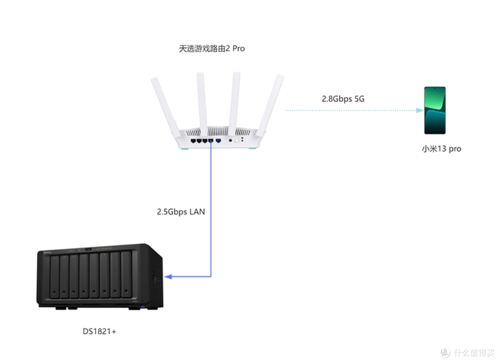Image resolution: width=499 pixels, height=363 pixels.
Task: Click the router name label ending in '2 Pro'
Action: pos(212,48)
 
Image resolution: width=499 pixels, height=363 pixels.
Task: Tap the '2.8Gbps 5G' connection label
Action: pos(343,99)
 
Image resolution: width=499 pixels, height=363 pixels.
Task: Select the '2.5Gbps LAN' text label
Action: pos(181,212)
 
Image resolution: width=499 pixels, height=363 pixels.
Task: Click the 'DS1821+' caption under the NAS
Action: pos(99,332)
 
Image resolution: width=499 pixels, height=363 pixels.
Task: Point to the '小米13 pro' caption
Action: pos(441,149)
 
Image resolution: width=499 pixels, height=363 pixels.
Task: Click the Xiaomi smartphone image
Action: pos(435,110)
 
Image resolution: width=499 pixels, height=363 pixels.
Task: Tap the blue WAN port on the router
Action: pos(218,140)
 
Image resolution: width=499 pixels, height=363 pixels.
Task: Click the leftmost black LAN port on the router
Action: pos(193,140)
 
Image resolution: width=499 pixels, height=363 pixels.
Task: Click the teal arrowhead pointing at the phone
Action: pos(420,110)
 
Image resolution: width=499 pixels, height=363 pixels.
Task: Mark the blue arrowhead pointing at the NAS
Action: pos(168,277)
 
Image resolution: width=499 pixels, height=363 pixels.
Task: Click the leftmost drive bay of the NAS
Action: pos(55,276)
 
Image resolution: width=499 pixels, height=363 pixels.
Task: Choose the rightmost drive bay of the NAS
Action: pos(126,274)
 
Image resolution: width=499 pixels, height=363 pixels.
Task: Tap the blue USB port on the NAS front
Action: pos(142,307)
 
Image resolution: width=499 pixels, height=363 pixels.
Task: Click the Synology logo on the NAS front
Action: pos(48,253)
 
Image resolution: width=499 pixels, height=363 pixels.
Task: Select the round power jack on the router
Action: pos(231,140)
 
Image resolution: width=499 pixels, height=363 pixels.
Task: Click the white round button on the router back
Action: pos(237,140)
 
